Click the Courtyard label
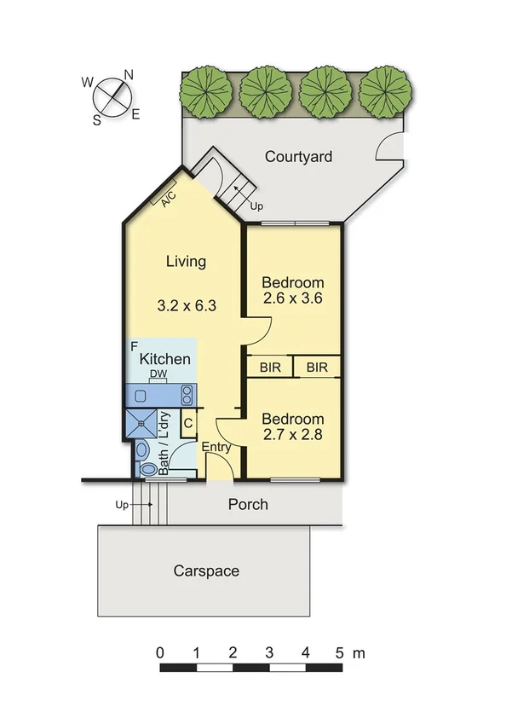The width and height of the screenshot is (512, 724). [298, 157]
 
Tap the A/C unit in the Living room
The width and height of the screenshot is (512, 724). [165, 195]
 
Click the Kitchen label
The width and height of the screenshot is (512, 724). [165, 359]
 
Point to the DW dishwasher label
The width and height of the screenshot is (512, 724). [158, 374]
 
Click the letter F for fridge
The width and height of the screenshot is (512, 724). [135, 346]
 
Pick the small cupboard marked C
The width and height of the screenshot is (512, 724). [188, 422]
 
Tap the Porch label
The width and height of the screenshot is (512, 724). [248, 505]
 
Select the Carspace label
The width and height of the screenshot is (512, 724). [206, 571]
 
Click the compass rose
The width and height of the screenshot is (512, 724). [112, 96]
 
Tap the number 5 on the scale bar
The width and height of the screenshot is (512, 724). [341, 653]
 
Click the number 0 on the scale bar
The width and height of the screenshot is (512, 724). [161, 653]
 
